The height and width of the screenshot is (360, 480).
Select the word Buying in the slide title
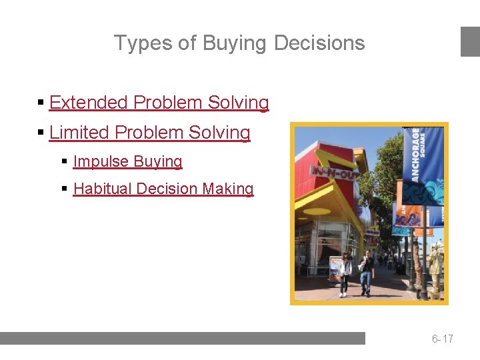(233, 43)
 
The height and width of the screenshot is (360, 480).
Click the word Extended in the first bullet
(88, 103)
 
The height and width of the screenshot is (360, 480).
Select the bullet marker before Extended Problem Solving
(41, 103)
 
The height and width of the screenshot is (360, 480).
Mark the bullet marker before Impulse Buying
(65, 162)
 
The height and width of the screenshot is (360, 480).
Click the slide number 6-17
(442, 339)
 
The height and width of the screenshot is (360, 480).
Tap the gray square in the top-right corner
(470, 41)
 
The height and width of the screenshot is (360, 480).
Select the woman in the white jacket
(345, 272)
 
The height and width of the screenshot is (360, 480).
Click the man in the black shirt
(366, 271)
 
